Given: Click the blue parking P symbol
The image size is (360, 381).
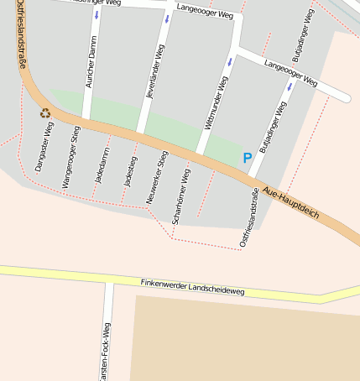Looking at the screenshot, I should point(247,158).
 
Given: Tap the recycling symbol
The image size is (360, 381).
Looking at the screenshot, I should point(45,112).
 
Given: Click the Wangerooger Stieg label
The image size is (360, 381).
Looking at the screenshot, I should point(71,157).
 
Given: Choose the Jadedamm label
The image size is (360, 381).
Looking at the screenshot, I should point(101,164).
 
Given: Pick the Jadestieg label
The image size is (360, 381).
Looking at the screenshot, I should point(128,170).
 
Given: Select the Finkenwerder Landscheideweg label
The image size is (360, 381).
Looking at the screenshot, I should point(192,287).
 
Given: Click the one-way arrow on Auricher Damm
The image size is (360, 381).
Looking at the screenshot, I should point(97,15).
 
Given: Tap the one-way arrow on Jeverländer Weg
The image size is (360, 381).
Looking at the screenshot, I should point(168,18).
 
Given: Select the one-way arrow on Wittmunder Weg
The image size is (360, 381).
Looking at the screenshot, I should point(230,61).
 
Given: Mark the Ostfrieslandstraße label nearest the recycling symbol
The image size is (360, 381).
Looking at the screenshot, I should point(20,34).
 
